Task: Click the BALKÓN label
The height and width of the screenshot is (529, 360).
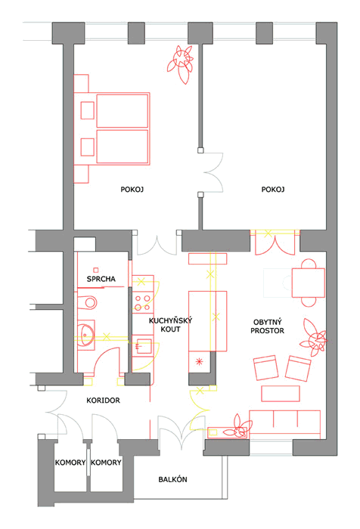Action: pyautogui.click(x=172, y=479)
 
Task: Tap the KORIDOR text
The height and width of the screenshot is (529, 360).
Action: pyautogui.click(x=103, y=400)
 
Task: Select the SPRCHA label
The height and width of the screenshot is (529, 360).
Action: pyautogui.click(x=101, y=279)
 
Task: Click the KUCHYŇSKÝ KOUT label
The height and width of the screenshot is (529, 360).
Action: pyautogui.click(x=170, y=324)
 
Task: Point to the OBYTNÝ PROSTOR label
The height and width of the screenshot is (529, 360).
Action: pyautogui.click(x=267, y=326)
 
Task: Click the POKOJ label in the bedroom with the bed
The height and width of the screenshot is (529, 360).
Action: pyautogui.click(x=132, y=189)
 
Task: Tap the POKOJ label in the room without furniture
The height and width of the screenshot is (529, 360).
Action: pyautogui.click(x=273, y=189)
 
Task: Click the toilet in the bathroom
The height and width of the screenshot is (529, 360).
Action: pyautogui.click(x=87, y=302)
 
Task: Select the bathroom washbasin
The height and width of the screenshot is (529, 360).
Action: pyautogui.click(x=86, y=335)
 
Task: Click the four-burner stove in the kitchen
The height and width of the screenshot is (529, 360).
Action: pyautogui.click(x=142, y=302)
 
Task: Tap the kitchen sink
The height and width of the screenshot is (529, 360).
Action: pyautogui.click(x=143, y=346)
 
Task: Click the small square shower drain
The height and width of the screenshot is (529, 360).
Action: pyautogui.click(x=96, y=270)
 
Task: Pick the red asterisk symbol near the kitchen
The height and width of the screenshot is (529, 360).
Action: pyautogui.click(x=199, y=362)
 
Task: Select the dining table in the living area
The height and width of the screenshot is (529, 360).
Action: pyautogui.click(x=309, y=283)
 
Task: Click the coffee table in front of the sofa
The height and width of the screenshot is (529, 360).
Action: pyautogui.click(x=281, y=394)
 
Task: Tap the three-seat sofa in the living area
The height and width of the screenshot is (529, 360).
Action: pyautogui.click(x=284, y=422)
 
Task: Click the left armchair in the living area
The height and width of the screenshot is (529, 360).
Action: pyautogui.click(x=265, y=367)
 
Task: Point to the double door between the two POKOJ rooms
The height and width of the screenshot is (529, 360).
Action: pyautogui.click(x=212, y=172)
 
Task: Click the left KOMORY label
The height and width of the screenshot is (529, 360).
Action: pyautogui.click(x=70, y=462)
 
